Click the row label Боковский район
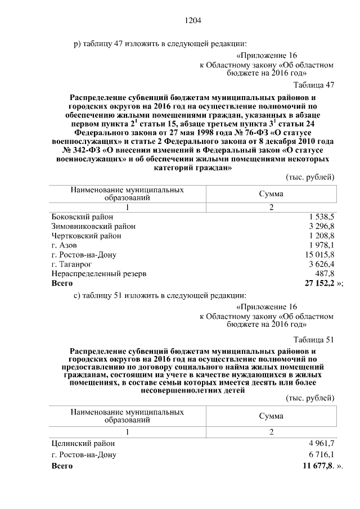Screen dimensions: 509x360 point(82,217)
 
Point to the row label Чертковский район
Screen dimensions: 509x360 point(86,236)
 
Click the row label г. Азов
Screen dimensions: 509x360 point(64,245)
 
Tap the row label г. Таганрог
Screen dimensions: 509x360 point(71,264)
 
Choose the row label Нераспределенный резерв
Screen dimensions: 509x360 point(99,273)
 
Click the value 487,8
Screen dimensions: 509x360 point(325,273)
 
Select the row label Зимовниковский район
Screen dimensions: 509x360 point(93,226)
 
